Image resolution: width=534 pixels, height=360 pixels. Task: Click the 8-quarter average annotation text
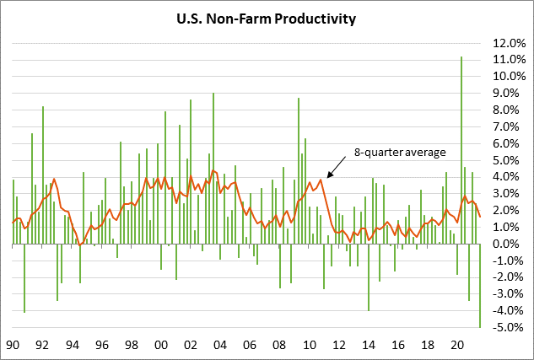(398, 152)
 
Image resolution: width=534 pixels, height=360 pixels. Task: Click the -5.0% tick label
(498, 327)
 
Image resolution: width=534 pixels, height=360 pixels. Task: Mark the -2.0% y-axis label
(498, 277)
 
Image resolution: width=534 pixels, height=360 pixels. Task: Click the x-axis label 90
(13, 346)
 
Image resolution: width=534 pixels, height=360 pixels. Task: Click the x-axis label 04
(220, 346)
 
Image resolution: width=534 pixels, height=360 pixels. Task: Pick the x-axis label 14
(368, 346)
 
